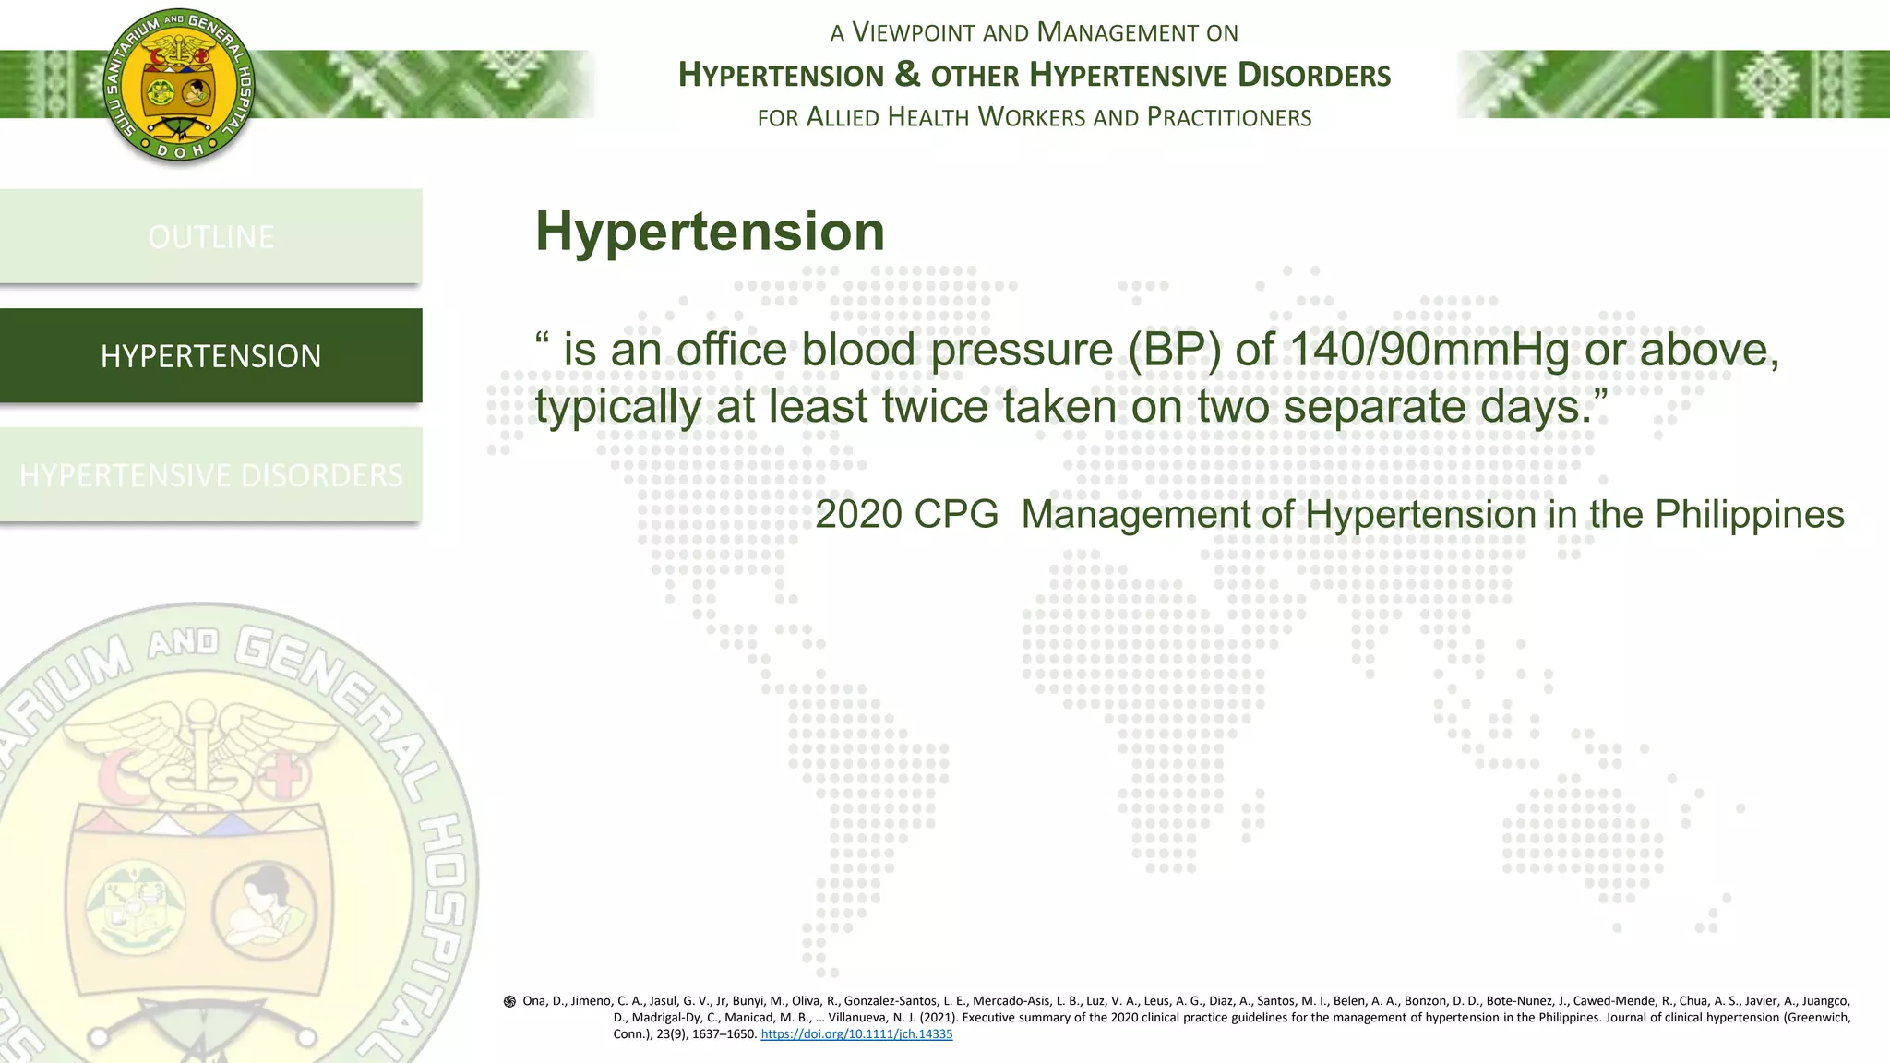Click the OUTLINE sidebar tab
(x=210, y=236)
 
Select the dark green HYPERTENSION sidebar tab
(x=210, y=355)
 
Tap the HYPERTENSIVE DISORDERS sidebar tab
(x=210, y=474)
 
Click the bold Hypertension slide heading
(x=710, y=231)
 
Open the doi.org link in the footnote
(x=856, y=1034)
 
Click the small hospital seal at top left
(x=178, y=88)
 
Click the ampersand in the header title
(x=907, y=74)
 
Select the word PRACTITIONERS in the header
(x=1229, y=118)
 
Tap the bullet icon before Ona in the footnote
(x=509, y=1001)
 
